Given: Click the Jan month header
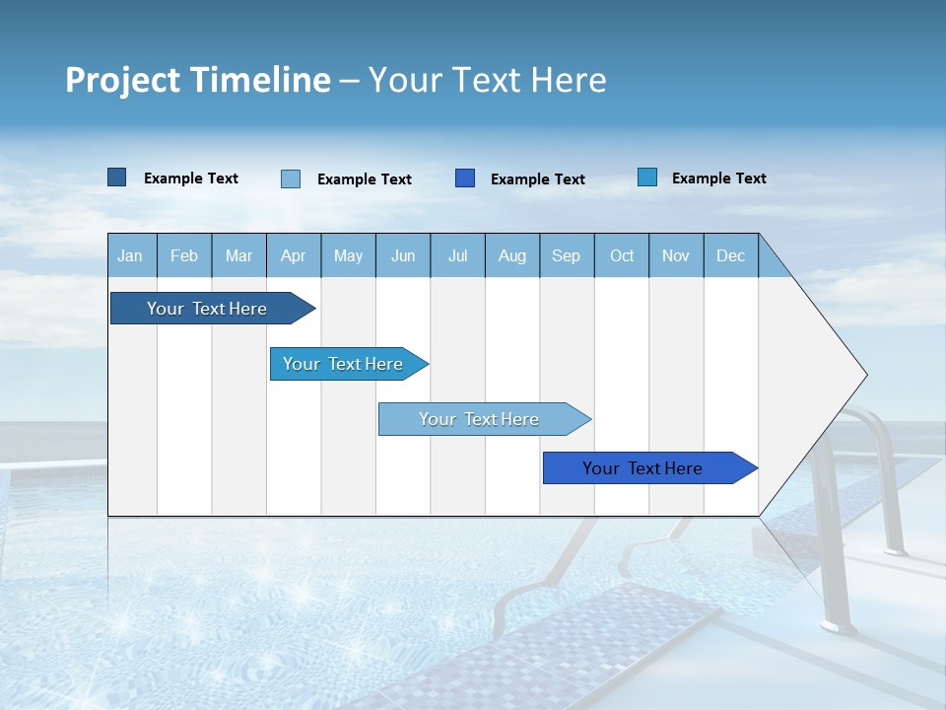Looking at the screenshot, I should click(x=131, y=255).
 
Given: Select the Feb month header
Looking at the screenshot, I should click(x=184, y=255).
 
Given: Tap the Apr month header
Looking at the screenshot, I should click(x=294, y=255).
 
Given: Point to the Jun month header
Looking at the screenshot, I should click(x=403, y=255).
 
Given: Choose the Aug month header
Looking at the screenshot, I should click(x=512, y=255).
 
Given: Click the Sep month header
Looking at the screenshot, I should click(x=567, y=255).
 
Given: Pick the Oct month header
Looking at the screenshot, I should click(x=622, y=255).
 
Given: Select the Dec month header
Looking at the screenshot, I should click(x=731, y=255).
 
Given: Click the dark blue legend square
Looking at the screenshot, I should click(x=117, y=177).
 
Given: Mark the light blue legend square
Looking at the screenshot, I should click(x=291, y=178).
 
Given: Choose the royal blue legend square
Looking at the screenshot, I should click(x=465, y=177).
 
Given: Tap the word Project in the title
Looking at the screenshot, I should click(x=122, y=81).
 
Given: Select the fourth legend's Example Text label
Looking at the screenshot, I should click(x=718, y=178).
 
